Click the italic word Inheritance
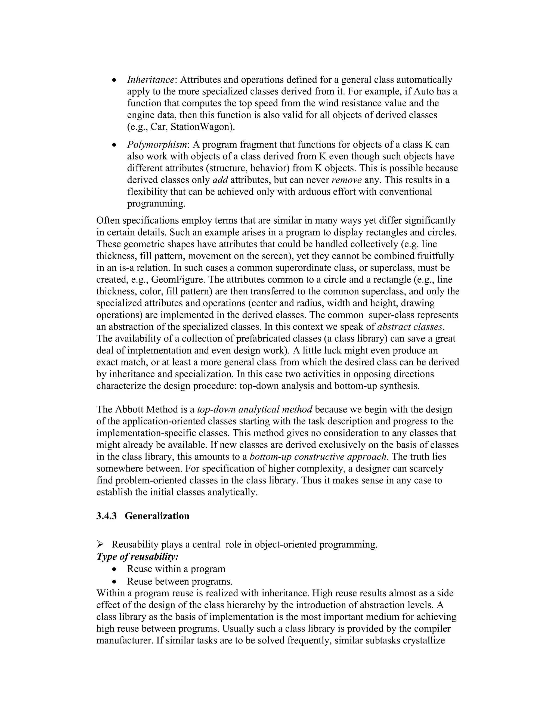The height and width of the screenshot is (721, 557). (x=150, y=80)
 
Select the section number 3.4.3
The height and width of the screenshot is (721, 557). (x=106, y=516)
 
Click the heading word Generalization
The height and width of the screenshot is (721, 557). (x=157, y=516)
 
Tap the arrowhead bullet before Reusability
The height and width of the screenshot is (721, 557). (x=100, y=544)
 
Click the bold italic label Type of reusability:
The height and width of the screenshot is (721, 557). (x=137, y=557)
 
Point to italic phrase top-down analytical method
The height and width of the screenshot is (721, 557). (x=254, y=409)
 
